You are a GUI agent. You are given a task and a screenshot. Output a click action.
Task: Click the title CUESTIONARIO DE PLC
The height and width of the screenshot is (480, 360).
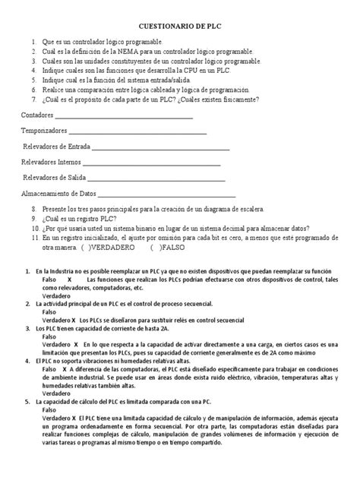(x=179, y=25)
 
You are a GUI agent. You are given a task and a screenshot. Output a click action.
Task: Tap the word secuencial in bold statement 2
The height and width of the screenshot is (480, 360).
(x=193, y=303)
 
